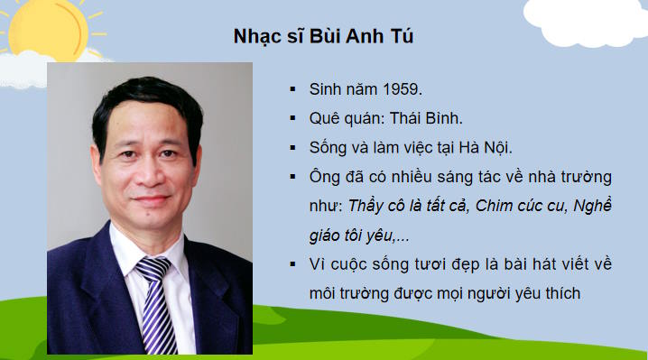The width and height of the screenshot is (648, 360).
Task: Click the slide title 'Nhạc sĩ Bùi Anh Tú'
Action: pos(323,37)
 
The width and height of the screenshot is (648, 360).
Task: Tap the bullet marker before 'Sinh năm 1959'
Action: pos(292,90)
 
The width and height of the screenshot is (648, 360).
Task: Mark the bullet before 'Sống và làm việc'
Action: pos(292,148)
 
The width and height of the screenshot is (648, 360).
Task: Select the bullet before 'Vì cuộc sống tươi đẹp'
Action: pos(292,264)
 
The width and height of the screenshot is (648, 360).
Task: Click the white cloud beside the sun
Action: pos(27,67)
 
